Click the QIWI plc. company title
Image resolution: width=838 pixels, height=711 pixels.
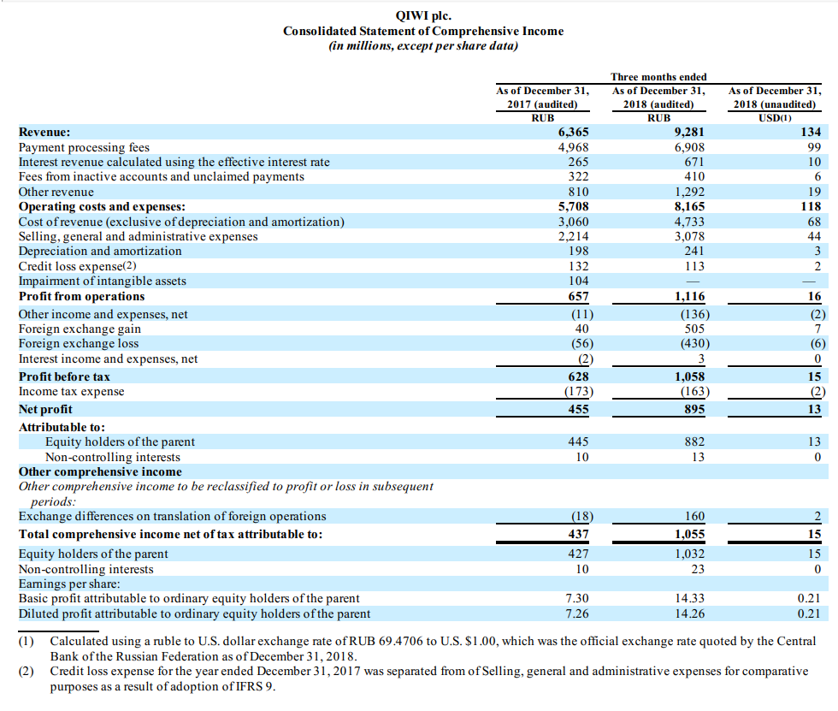[423, 15]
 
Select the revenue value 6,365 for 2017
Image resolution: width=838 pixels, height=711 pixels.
[574, 132]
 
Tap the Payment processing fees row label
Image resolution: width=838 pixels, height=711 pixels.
[84, 147]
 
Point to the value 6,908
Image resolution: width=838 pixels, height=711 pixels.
[689, 147]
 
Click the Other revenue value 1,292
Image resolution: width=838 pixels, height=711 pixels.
[689, 192]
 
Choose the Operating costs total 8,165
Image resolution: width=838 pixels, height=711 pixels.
[689, 206]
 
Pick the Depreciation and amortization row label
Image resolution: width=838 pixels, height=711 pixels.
[100, 251]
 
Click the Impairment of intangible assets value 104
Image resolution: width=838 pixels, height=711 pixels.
[579, 281]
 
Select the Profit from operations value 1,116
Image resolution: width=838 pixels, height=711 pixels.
[689, 296]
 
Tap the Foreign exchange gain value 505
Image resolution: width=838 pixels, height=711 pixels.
[694, 329]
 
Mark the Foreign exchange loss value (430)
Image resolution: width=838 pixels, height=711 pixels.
[694, 343]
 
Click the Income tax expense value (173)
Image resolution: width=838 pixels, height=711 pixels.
[579, 391]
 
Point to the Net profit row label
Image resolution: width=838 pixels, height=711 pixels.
[45, 409]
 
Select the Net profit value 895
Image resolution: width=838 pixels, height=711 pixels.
[694, 409]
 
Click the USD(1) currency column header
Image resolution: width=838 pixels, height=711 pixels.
[775, 117]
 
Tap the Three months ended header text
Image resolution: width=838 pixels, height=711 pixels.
[658, 77]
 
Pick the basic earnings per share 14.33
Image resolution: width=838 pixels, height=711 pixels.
[689, 598]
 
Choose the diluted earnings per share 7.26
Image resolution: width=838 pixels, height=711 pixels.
[577, 613]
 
